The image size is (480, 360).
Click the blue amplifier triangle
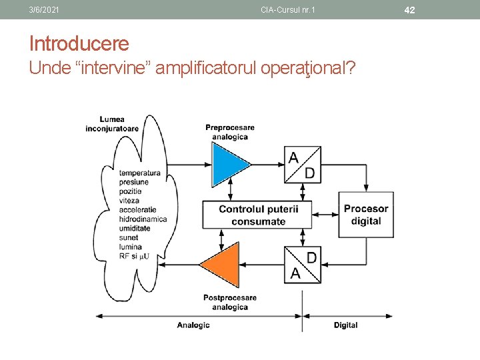(x=227, y=163)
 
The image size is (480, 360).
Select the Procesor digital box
(x=365, y=215)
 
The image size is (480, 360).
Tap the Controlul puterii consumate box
(x=259, y=215)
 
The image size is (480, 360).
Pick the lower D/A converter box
(x=302, y=265)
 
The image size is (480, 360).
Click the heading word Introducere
(x=79, y=44)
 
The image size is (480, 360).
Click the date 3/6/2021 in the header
(x=44, y=10)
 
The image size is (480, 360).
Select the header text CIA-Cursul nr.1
(x=288, y=10)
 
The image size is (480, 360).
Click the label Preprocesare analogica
(x=230, y=132)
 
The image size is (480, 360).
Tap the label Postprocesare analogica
(x=230, y=302)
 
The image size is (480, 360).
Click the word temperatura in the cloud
(x=140, y=173)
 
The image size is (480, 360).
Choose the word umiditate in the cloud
(x=135, y=228)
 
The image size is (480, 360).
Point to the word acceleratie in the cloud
(x=138, y=209)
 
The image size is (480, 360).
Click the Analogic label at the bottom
(x=193, y=325)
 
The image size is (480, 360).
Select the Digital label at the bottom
(x=345, y=325)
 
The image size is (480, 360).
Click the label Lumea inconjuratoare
(x=112, y=124)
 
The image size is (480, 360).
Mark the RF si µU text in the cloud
(x=134, y=256)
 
